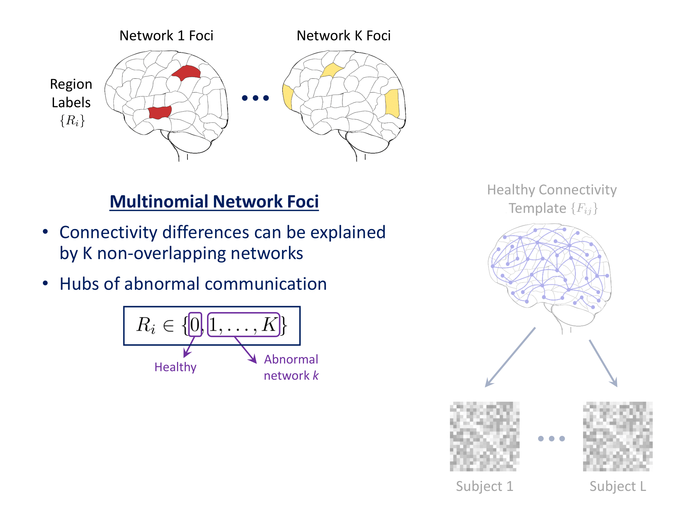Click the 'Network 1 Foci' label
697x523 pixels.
pos(166,36)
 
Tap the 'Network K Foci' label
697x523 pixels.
pos(343,36)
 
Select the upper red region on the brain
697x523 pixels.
pos(187,72)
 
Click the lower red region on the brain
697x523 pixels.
pos(160,113)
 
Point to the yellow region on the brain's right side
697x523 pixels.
pos(392,103)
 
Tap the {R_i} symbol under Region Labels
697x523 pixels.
pos(72,121)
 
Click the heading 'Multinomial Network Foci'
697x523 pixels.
pos(214,202)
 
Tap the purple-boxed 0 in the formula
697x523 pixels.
pos(195,325)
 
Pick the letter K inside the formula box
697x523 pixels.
pos(269,325)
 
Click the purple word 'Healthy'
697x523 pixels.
pos(175,367)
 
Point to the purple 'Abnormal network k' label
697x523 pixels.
pos(291,367)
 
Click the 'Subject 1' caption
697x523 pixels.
pos(484,486)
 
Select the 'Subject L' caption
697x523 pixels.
pos(618,486)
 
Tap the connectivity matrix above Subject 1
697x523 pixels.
pos(484,437)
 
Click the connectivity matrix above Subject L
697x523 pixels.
pos(618,437)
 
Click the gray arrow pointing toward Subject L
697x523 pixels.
pos(603,363)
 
